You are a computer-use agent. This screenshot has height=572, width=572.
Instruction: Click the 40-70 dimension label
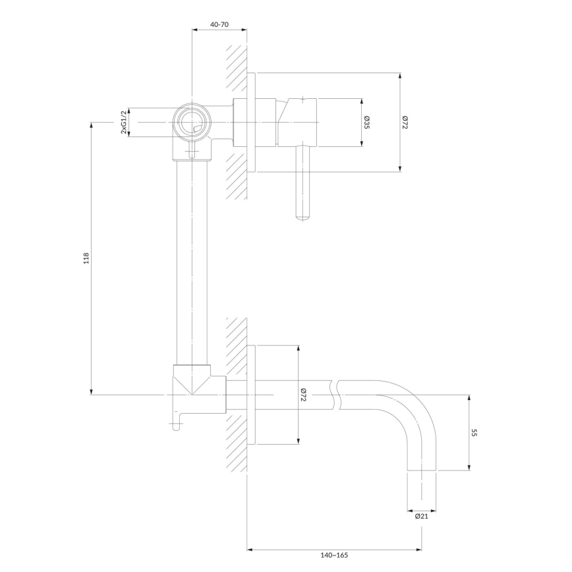[x=219, y=24]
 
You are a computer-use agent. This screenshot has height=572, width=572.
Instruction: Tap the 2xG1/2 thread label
[x=124, y=122]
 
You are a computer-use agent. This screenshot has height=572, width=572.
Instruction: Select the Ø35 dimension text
[x=367, y=122]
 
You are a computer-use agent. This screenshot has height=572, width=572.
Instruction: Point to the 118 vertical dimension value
[x=86, y=258]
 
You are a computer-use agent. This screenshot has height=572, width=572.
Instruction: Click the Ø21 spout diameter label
[x=421, y=516]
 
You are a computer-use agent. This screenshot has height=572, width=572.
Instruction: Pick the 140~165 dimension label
[x=334, y=556]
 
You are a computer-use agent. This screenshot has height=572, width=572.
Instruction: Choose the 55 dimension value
[x=474, y=433]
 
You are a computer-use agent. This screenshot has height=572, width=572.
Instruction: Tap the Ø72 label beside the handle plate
[x=405, y=122]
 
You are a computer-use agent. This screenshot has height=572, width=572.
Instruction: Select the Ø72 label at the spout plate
[x=304, y=395]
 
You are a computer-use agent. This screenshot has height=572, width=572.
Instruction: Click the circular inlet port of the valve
[x=192, y=122]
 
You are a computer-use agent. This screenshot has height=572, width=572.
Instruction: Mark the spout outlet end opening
[x=421, y=471]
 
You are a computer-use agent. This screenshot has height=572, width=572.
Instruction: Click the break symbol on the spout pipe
[x=336, y=395]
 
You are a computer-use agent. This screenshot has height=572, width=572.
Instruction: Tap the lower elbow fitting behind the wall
[x=200, y=389]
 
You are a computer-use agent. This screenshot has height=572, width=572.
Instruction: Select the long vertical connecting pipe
[x=192, y=263]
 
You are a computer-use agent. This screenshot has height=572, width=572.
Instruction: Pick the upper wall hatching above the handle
[x=236, y=69]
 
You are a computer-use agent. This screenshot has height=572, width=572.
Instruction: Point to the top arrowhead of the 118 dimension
[x=91, y=125]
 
